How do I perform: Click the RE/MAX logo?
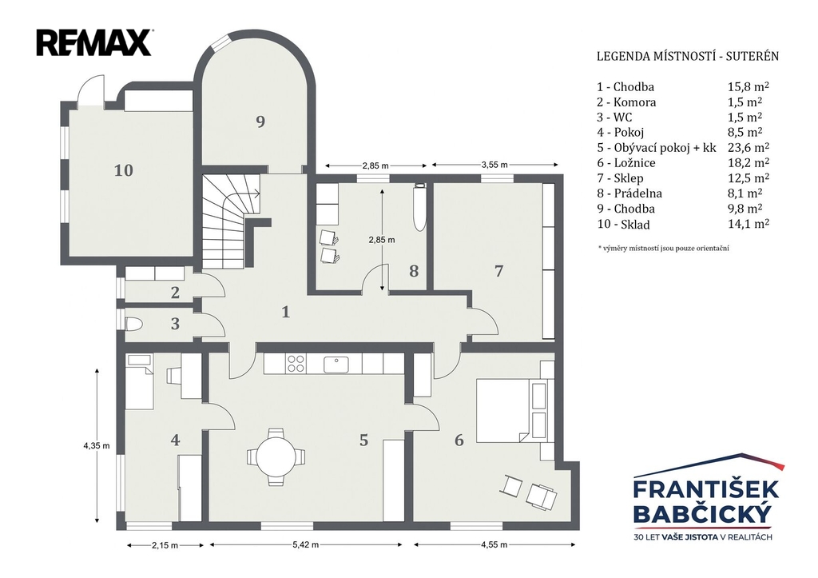tap(94, 42)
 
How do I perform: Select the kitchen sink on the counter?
tap(336, 364)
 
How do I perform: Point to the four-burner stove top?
tap(296, 364)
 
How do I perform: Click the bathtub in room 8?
tap(419, 208)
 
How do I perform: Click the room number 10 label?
tap(124, 170)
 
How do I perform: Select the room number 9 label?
tap(260, 122)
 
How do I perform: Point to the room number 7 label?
tap(498, 271)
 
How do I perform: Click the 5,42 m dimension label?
tap(306, 544)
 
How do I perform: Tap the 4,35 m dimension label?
tap(97, 446)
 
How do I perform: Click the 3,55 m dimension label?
tap(494, 165)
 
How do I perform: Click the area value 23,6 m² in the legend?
tap(749, 147)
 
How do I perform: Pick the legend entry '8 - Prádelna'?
tap(629, 193)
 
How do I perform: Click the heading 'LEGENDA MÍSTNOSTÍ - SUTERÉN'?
tap(688, 57)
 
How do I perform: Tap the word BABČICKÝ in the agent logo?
tap(701, 514)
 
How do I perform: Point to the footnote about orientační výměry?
tap(664, 249)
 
